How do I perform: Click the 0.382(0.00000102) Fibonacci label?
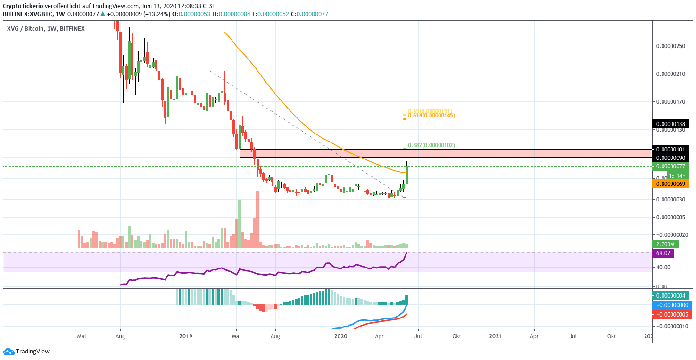coord(431,145)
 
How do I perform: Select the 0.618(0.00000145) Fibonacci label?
coord(431,115)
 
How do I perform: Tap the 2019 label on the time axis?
coord(186,336)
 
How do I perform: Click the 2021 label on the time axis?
coord(496,336)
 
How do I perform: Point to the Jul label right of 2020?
coord(418,336)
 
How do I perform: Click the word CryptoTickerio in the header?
coord(23,6)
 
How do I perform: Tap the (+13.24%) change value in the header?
coord(156,14)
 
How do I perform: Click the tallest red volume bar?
coord(257,219)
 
